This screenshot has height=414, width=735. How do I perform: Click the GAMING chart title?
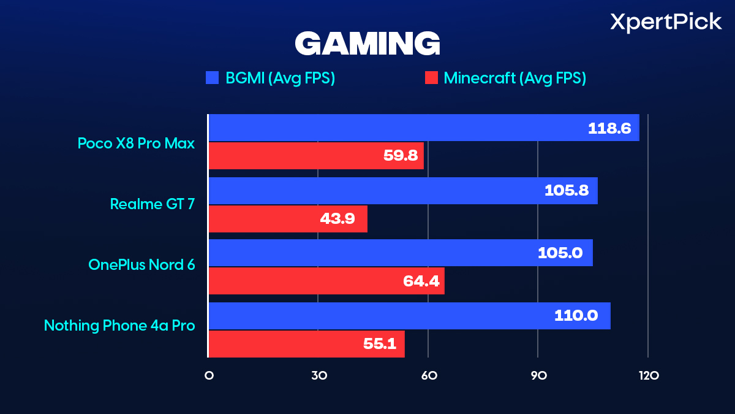pyautogui.click(x=367, y=45)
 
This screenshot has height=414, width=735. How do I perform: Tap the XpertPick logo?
pyautogui.click(x=666, y=23)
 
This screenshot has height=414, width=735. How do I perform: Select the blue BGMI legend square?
pyautogui.click(x=213, y=78)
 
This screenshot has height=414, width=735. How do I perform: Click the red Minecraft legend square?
pyautogui.click(x=431, y=78)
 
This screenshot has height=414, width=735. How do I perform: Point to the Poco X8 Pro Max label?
pyautogui.click(x=136, y=143)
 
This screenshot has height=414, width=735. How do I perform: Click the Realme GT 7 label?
pyautogui.click(x=153, y=204)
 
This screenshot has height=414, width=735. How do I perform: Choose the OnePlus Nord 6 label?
pyautogui.click(x=141, y=264)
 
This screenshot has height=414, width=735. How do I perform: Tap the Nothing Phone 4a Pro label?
pyautogui.click(x=119, y=325)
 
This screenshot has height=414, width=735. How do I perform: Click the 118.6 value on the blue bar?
pyautogui.click(x=609, y=128)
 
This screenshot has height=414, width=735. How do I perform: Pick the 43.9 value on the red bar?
pyautogui.click(x=337, y=219)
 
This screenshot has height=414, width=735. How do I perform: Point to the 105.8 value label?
pyautogui.click(x=567, y=191)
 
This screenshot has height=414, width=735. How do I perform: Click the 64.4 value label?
pyautogui.click(x=421, y=282)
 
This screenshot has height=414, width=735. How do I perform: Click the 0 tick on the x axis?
pyautogui.click(x=209, y=375)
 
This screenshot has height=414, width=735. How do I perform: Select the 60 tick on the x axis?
pyautogui.click(x=428, y=375)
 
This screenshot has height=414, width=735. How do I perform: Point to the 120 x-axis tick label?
pyautogui.click(x=647, y=375)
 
